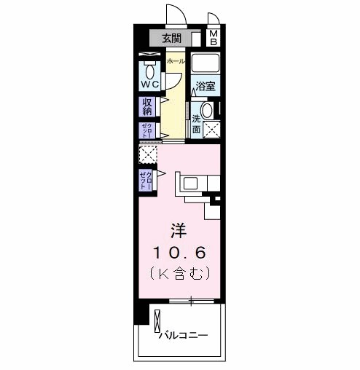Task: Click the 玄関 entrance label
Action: [x=171, y=39]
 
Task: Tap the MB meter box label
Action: [x=214, y=38]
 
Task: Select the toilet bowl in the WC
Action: [x=150, y=72]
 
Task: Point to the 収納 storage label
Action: [x=147, y=106]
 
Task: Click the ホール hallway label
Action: [x=176, y=62]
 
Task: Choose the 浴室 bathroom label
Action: [x=205, y=86]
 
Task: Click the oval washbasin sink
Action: [x=207, y=111]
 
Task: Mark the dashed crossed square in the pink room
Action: [x=148, y=155]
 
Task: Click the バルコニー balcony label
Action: [x=184, y=335]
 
